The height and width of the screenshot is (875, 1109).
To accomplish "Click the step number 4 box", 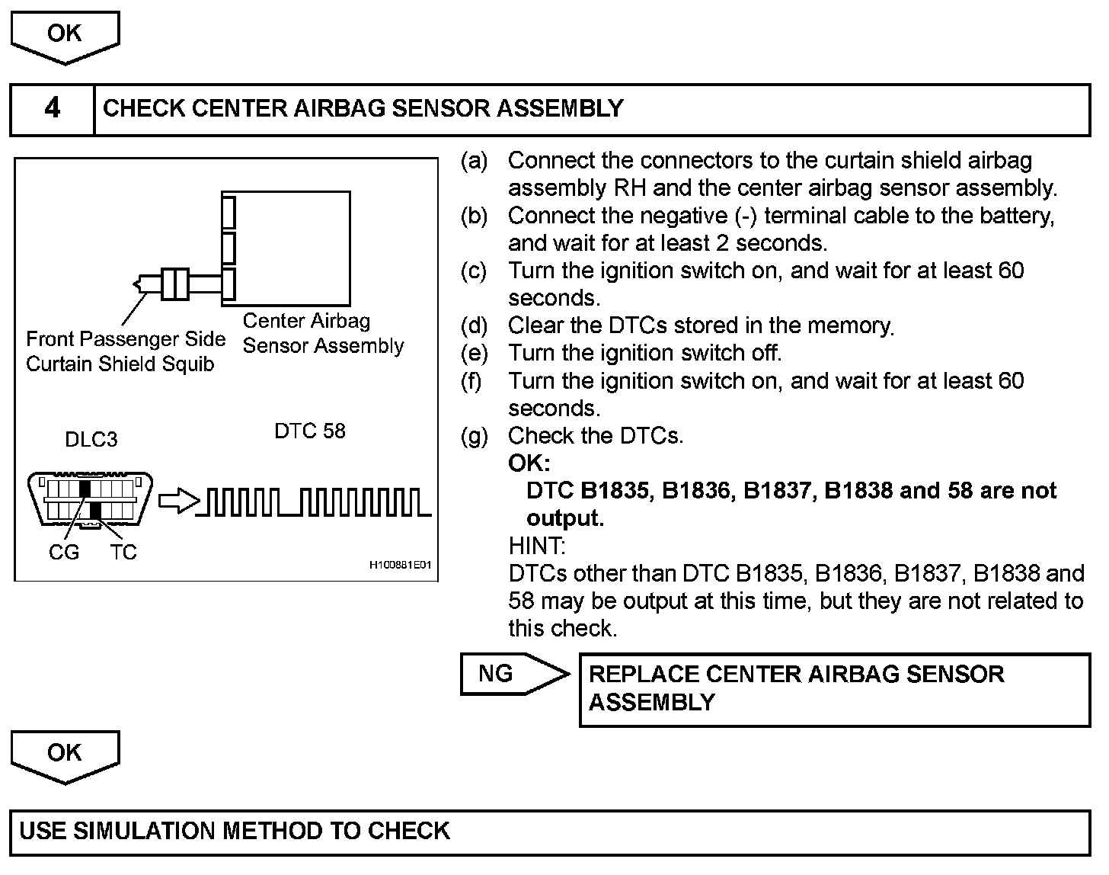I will (x=52, y=109).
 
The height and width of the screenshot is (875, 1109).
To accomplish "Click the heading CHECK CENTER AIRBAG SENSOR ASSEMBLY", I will (x=363, y=109).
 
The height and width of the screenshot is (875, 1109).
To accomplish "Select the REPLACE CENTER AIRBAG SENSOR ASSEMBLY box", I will (x=834, y=689).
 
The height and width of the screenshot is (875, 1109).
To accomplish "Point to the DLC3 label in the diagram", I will (x=91, y=440).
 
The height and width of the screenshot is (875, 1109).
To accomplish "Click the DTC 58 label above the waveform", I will (x=309, y=431).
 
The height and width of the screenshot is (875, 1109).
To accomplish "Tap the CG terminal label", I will (x=63, y=553).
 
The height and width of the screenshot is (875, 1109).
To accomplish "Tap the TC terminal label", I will (x=123, y=553).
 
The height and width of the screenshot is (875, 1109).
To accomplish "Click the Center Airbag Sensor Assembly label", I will (x=323, y=334).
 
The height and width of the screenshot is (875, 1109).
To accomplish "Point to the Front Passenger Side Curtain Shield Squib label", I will (x=125, y=351).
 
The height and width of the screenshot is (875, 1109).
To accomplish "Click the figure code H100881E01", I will (x=400, y=566).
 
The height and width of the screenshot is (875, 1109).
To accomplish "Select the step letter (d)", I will (x=474, y=326).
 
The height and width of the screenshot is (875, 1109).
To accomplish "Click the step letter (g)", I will (x=474, y=437).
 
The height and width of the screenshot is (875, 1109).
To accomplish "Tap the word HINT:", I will (x=536, y=546).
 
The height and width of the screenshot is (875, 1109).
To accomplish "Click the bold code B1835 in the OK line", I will (x=615, y=491).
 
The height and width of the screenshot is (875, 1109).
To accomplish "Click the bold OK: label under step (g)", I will (x=529, y=463).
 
